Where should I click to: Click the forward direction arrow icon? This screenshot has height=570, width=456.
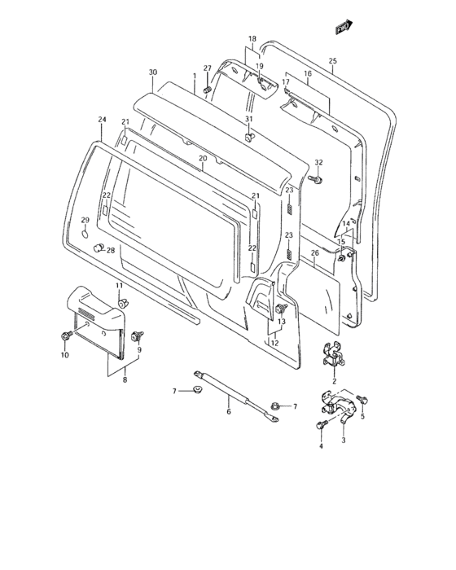tap(341, 29)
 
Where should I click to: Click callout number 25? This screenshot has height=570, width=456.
tap(332, 60)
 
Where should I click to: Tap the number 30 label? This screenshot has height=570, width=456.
tap(152, 73)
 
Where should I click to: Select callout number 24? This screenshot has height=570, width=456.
tap(102, 120)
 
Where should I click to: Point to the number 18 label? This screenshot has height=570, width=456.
tap(252, 38)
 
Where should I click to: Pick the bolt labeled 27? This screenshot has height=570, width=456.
tap(208, 88)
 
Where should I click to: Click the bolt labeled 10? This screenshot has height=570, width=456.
tap(64, 335)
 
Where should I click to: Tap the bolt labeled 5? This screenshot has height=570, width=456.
tap(362, 399)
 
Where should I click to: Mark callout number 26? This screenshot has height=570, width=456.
tap(314, 253)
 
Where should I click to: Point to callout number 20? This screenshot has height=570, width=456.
tap(202, 158)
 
